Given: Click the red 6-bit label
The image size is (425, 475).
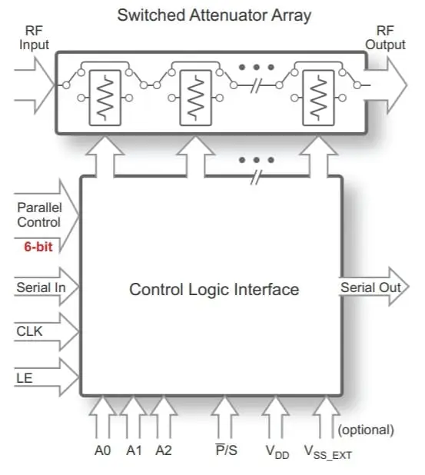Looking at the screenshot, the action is click(x=38, y=247).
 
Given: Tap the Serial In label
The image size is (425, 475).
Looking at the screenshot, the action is click(x=41, y=287).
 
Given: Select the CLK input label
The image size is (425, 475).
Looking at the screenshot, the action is click(x=29, y=331).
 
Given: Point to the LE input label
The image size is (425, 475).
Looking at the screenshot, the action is click(x=25, y=378).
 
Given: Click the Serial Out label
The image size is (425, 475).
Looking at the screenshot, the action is click(x=370, y=287).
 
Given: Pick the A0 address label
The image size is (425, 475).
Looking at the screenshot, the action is click(x=103, y=450).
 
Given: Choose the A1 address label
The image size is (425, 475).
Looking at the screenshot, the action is click(x=134, y=450).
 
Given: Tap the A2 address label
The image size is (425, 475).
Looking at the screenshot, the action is click(x=164, y=450).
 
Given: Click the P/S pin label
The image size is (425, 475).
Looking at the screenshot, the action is click(x=226, y=450).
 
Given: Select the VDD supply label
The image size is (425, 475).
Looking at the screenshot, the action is click(x=277, y=452).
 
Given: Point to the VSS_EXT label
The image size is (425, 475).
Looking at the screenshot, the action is click(x=327, y=452).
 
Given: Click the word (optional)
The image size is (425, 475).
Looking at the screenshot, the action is click(x=366, y=430).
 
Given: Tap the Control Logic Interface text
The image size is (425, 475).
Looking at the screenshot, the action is click(x=214, y=289).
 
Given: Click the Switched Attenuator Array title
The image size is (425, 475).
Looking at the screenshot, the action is click(x=214, y=15).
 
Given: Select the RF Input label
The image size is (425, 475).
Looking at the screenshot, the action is click(x=34, y=38).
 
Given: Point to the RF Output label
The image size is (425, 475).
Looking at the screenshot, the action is click(x=385, y=38).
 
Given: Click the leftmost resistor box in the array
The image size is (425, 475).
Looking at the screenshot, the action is click(x=105, y=98).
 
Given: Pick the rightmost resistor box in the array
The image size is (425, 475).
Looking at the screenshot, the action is click(x=318, y=98).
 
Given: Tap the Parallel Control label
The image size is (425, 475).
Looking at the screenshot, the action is click(x=39, y=214).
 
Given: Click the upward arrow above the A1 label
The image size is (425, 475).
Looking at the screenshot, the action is click(x=133, y=417).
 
